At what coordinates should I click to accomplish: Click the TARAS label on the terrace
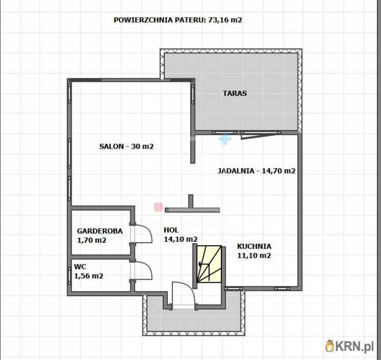click(235, 94)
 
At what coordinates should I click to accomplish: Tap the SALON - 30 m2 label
click(126, 146)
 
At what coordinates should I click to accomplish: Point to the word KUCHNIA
click(254, 246)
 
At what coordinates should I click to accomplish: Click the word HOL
click(171, 230)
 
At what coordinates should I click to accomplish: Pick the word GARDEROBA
click(100, 231)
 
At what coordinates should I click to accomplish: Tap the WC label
click(80, 266)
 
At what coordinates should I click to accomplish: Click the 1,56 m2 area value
click(89, 276)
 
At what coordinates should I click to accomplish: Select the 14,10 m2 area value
click(180, 239)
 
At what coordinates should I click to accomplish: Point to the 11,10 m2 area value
click(254, 256)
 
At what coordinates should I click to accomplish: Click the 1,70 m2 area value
click(92, 240)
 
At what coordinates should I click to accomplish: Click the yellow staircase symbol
click(209, 264)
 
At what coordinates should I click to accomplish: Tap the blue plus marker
click(225, 138)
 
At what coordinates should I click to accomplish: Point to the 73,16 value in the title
click(218, 21)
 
